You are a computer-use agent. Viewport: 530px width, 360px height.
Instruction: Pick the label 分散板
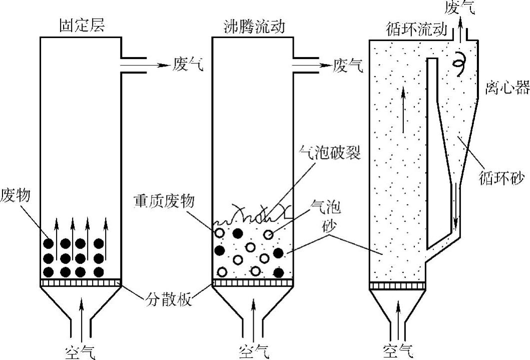tap(167, 301)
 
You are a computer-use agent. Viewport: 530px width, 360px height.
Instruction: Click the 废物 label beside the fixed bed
tap(16, 194)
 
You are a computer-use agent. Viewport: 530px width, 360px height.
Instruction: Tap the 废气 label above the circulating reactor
tap(459, 6)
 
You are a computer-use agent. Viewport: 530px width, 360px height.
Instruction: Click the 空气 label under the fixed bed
tap(81, 351)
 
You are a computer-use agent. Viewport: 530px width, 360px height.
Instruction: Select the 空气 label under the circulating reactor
tap(398, 351)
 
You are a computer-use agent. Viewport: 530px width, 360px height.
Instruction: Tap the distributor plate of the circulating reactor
tap(397, 285)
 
